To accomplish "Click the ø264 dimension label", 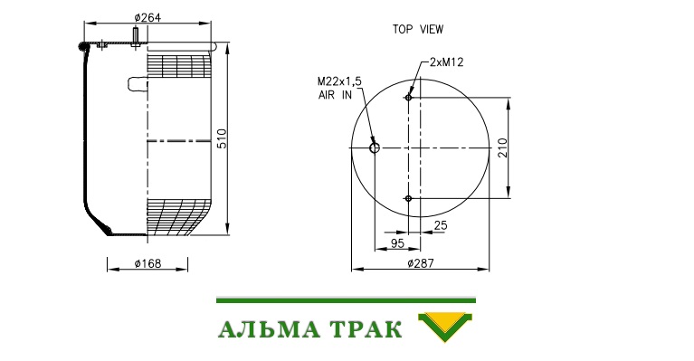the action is tap(147, 17).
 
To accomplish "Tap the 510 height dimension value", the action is tap(222, 138).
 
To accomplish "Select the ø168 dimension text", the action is tap(147, 263).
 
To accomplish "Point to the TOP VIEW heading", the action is tap(418, 29).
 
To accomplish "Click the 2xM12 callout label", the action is tap(447, 62).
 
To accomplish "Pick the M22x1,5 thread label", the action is tap(339, 81).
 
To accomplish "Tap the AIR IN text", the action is tap(335, 95).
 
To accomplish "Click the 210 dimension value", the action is tap(502, 147).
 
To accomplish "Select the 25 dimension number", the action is tap(441, 225).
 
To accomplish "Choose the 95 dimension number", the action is tap(397, 242).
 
